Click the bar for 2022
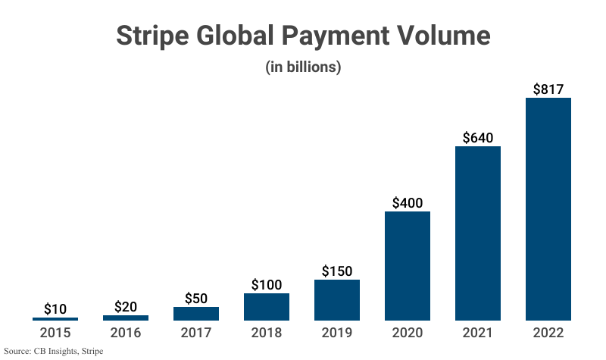(x=548, y=208)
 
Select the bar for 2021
(x=477, y=233)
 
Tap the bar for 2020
(x=407, y=265)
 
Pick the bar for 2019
(x=336, y=299)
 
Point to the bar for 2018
(x=266, y=306)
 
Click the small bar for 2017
(x=195, y=313)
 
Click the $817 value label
(x=548, y=89)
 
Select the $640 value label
(x=477, y=138)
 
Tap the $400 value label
(x=407, y=203)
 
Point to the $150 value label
(x=336, y=271)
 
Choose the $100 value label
(x=266, y=285)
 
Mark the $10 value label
(x=55, y=309)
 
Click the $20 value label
(x=126, y=307)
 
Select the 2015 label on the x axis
(x=55, y=333)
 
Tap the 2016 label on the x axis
(x=126, y=333)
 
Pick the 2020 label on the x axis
(x=407, y=333)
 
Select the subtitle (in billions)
(x=303, y=67)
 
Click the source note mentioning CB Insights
(x=53, y=352)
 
